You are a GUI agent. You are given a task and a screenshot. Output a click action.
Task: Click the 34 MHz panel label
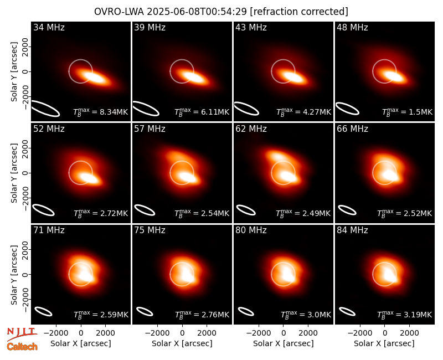49,27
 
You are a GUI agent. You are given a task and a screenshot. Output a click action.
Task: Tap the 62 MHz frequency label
251,129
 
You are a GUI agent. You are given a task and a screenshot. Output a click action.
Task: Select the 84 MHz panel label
352,230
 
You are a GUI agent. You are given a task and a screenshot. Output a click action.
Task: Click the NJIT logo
22,333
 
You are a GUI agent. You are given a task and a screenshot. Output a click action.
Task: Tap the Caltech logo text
22,347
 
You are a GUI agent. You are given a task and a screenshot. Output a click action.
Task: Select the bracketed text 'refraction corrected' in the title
299,12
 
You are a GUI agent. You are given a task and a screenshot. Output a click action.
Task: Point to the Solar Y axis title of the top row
14,72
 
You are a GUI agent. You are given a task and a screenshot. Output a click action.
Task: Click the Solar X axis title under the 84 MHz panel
384,343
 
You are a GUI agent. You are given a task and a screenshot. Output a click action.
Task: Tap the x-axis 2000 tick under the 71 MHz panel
106,333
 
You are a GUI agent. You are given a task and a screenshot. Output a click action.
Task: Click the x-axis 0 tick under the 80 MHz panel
284,333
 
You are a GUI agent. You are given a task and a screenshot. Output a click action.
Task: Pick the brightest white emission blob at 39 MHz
193,77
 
